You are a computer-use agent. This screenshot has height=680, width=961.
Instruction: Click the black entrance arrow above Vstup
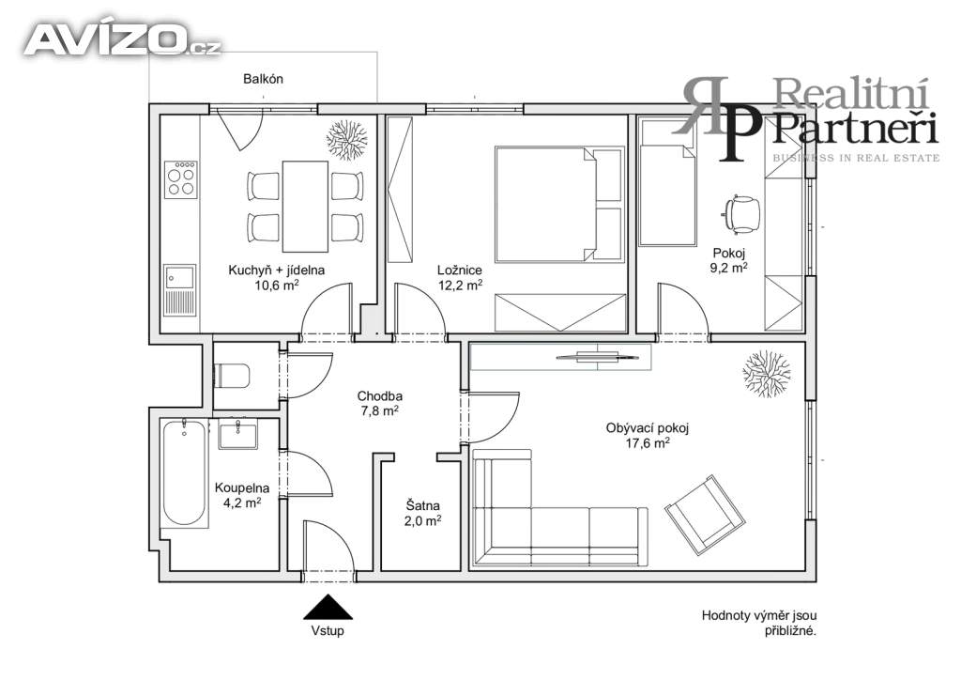click(328, 607)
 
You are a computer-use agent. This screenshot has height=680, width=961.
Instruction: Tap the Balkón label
click(263, 79)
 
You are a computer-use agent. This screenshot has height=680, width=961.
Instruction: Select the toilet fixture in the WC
click(232, 376)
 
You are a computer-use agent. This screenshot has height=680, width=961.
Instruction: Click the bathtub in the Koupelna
click(185, 472)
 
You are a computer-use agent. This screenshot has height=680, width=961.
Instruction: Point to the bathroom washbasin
click(237, 434)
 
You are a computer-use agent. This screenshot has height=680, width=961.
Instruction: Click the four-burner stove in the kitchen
click(181, 179)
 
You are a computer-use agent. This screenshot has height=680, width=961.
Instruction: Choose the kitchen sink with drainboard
click(179, 289)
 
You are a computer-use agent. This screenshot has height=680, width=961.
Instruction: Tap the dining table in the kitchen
click(305, 206)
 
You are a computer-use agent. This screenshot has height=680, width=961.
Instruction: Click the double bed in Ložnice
click(559, 204)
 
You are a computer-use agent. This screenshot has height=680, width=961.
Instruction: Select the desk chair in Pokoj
click(741, 214)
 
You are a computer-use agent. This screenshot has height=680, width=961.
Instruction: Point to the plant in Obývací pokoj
click(766, 374)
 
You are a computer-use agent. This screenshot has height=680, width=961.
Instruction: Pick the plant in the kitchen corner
click(347, 139)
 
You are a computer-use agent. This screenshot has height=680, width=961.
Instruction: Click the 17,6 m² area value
click(648, 442)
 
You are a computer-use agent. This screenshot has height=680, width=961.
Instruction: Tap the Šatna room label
click(423, 506)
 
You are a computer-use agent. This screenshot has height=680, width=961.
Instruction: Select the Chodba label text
click(380, 396)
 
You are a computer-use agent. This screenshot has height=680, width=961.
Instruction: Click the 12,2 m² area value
click(460, 286)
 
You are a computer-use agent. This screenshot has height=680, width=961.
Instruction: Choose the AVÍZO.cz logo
click(122, 39)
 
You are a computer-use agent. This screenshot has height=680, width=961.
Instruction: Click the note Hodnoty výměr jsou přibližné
click(759, 623)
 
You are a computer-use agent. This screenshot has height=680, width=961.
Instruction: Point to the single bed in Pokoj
click(668, 182)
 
